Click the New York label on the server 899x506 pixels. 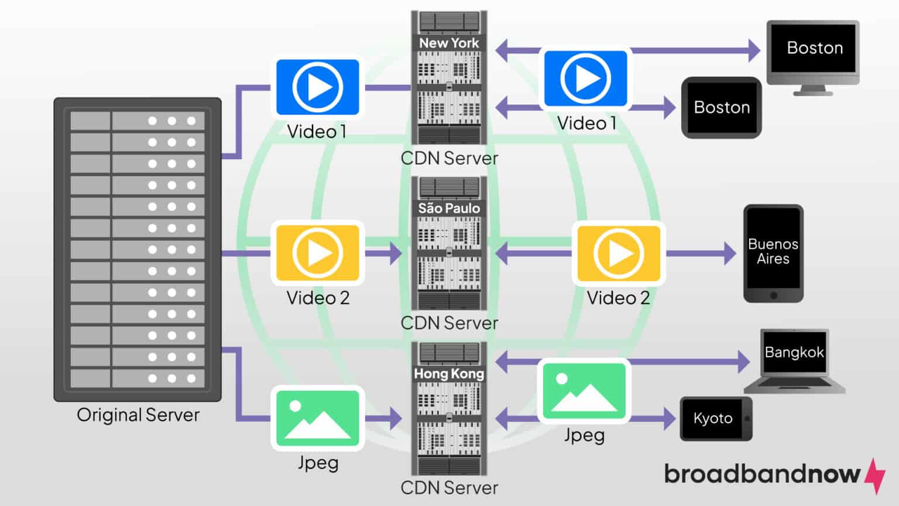coord(449,43)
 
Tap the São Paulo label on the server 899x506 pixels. coord(449,208)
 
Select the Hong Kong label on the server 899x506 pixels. coord(449,374)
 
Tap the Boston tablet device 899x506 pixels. coord(722,108)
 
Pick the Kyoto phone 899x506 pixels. coord(715,418)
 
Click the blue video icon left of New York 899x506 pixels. coord(318,87)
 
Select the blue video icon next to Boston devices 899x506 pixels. coord(585,78)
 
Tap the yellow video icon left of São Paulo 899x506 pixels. coord(318,253)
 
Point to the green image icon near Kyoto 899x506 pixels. coord(584,391)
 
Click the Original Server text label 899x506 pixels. coord(138,415)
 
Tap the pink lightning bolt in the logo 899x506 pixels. coord(876,475)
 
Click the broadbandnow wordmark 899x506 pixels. coord(762,473)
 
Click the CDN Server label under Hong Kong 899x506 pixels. coord(449,487)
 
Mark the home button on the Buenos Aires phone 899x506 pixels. coord(774,295)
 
